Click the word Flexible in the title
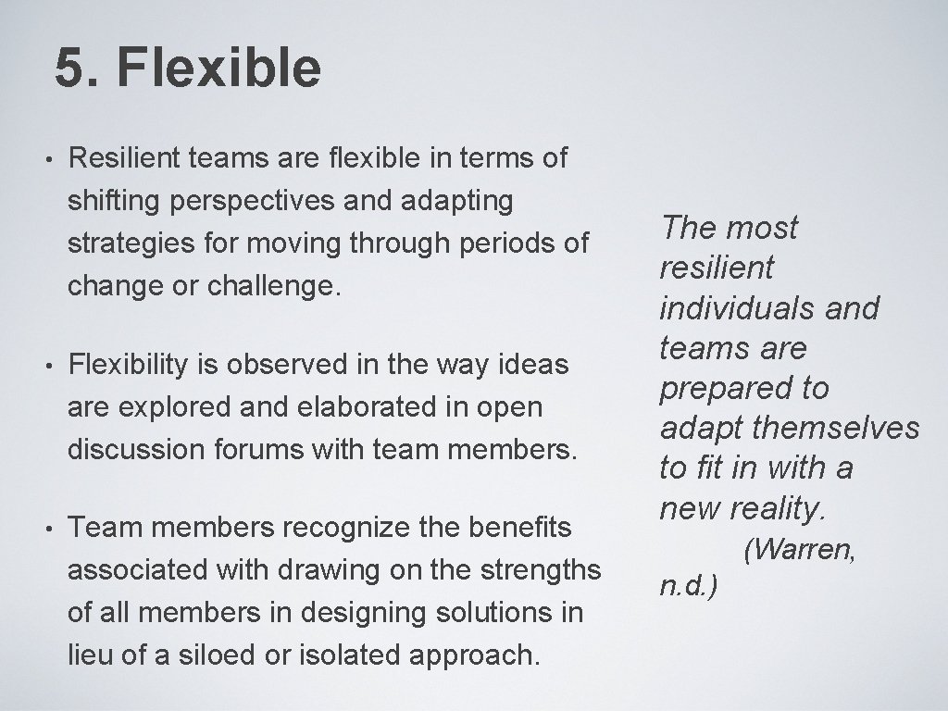coord(219,69)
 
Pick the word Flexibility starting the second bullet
coord(130,366)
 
